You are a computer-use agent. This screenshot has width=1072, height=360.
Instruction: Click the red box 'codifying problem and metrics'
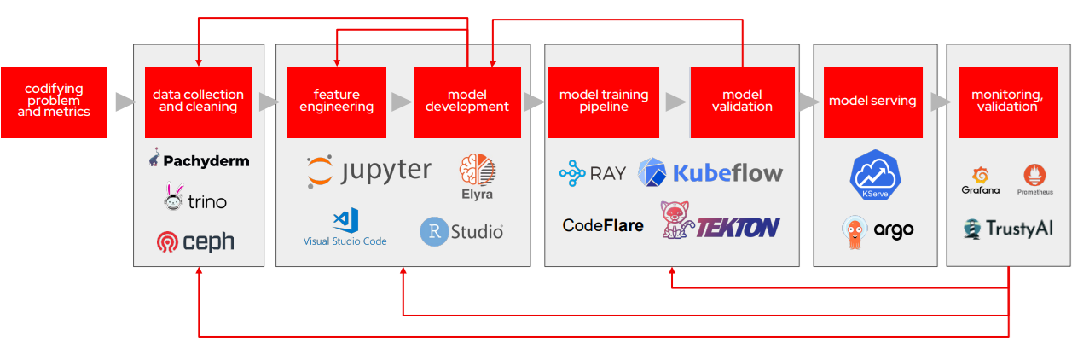(x=54, y=102)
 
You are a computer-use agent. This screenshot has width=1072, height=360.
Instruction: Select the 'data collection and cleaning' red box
(x=198, y=102)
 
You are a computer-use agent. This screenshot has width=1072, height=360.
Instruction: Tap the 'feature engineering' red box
(x=337, y=102)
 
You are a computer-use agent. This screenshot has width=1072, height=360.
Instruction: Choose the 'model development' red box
(x=467, y=102)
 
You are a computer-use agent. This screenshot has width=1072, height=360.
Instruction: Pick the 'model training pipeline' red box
(x=603, y=102)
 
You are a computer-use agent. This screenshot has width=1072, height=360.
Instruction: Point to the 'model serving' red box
(x=872, y=102)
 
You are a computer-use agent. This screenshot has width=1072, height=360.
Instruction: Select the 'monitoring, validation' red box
(x=1007, y=102)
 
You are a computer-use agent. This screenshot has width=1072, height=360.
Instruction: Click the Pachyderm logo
(x=199, y=160)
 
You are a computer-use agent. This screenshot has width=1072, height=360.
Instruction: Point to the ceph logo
(x=195, y=242)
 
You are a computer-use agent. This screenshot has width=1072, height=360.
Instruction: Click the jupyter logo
(x=369, y=171)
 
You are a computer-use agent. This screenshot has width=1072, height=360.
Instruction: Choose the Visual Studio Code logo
(x=345, y=227)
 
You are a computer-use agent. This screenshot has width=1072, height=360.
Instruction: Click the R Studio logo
(x=461, y=231)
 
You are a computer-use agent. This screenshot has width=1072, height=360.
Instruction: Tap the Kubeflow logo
(x=710, y=173)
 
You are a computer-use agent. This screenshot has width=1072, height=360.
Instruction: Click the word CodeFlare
(x=603, y=226)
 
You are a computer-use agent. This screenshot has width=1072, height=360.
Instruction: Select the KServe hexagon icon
(x=875, y=177)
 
